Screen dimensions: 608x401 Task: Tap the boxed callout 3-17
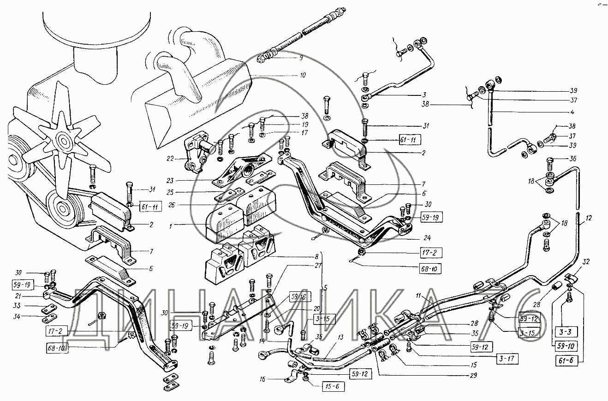point(507,359)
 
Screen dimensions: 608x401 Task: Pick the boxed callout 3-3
point(566,331)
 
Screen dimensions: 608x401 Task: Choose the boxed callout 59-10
point(566,346)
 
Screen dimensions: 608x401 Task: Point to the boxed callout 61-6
point(566,360)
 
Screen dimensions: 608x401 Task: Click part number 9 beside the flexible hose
point(301,58)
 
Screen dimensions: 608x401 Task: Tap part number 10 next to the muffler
point(303,75)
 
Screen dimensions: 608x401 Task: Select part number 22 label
point(170,159)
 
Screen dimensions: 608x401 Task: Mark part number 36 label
point(573,159)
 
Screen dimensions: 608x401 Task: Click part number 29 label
point(473,375)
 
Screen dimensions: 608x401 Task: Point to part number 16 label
point(262,379)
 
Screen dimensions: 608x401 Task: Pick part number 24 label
point(427,238)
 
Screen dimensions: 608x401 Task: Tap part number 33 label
point(17,306)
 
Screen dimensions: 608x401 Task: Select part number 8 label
point(316,256)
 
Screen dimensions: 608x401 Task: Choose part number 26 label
point(172,205)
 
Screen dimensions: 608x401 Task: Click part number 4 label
point(572,112)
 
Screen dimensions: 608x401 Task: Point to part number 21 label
point(18,296)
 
